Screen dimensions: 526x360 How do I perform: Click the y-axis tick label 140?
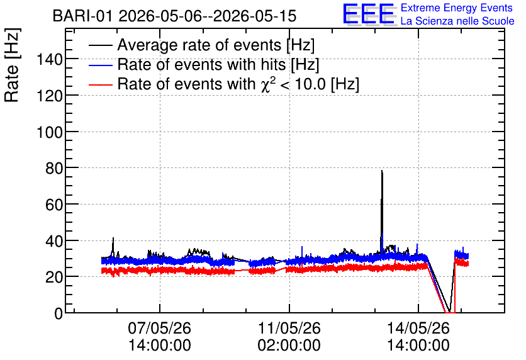[x=49, y=60]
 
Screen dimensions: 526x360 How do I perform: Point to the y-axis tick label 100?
[x=49, y=133]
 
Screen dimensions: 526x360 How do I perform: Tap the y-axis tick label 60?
[x=54, y=205]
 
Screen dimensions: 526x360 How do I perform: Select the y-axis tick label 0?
[x=59, y=313]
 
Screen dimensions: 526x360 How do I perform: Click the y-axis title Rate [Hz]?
[x=12, y=65]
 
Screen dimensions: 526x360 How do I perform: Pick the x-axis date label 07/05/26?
[x=159, y=328]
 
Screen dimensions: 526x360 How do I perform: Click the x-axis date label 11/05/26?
[x=289, y=328]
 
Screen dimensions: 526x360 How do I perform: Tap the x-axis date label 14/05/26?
[x=418, y=328]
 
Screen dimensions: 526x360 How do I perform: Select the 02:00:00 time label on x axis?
[x=289, y=346]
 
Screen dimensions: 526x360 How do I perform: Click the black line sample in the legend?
[x=100, y=45]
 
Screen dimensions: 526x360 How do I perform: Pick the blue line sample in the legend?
[x=100, y=65]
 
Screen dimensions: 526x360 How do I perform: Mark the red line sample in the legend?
[x=100, y=84]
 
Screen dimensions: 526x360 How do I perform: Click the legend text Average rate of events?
[x=199, y=45]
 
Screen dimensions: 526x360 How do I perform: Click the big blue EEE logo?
[x=368, y=14]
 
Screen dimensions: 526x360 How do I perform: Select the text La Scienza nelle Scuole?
[x=457, y=21]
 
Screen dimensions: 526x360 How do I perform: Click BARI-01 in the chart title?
[x=82, y=16]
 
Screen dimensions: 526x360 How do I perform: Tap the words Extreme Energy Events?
[x=457, y=8]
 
